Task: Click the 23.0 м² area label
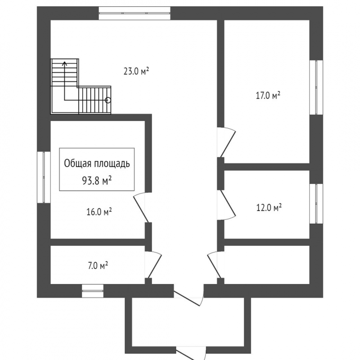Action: click(136, 71)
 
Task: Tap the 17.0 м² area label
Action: click(268, 95)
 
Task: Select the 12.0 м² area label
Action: click(269, 208)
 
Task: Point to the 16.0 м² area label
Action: click(99, 211)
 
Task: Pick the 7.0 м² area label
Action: click(98, 266)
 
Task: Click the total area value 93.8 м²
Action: click(97, 181)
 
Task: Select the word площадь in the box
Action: click(109, 164)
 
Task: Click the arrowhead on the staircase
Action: click(65, 63)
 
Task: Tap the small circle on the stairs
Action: click(108, 100)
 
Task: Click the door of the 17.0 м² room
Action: click(227, 142)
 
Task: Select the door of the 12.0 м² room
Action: click(227, 205)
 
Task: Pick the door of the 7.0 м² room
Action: click(153, 265)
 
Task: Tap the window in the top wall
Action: click(135, 13)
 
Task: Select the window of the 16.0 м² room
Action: click(44, 177)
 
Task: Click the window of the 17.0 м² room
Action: click(316, 87)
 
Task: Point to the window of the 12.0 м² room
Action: click(316, 203)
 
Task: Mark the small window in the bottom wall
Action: click(93, 291)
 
